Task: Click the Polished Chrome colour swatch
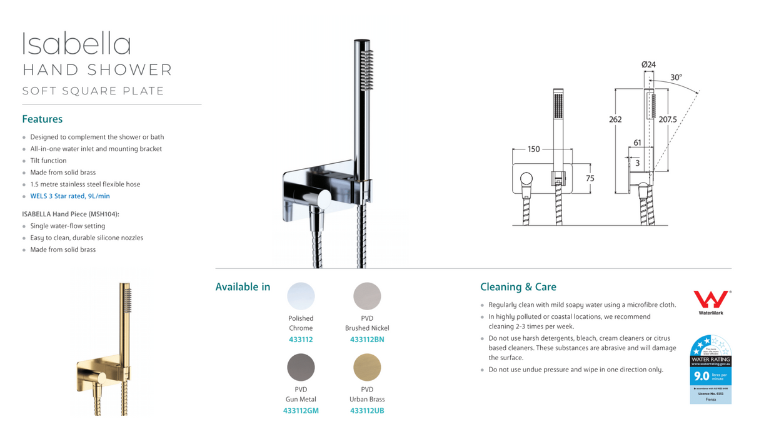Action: (x=301, y=296)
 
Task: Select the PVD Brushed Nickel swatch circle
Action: (x=367, y=296)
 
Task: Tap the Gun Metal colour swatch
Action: (x=301, y=367)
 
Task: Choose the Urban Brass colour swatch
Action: (x=367, y=367)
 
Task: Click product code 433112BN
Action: (x=367, y=340)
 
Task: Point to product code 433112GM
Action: (x=301, y=411)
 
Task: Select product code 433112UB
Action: (x=367, y=411)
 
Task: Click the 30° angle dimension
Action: (x=676, y=78)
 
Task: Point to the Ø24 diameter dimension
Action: (x=648, y=65)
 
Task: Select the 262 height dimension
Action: (x=615, y=119)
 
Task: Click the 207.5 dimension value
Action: (x=668, y=119)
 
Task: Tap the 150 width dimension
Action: (x=533, y=149)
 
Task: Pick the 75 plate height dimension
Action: (x=590, y=178)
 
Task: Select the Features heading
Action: (x=42, y=119)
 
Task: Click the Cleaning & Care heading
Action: (x=518, y=287)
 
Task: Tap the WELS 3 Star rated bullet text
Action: (x=70, y=196)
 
